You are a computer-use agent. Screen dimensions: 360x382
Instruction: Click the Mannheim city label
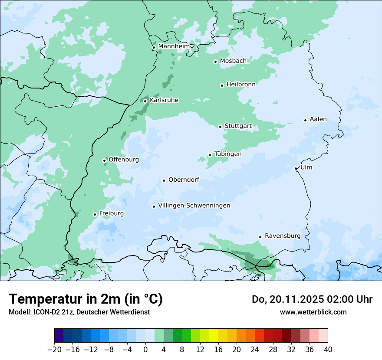[x=174, y=46]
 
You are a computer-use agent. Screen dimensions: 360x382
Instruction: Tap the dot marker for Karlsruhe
[x=145, y=101]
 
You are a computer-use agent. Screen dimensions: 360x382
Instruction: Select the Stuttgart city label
[x=238, y=126]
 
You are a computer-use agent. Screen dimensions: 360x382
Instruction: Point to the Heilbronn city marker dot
[x=222, y=85]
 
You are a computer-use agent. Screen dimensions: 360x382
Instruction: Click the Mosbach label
[x=233, y=61]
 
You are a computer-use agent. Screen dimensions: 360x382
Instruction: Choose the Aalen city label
[x=318, y=119]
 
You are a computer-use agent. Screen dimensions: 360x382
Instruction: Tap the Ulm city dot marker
[x=296, y=168]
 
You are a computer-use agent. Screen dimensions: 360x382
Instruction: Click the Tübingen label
[x=228, y=154]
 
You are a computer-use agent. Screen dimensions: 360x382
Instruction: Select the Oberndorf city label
[x=184, y=180]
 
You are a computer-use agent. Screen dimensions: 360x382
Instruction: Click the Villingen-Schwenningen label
[x=194, y=206]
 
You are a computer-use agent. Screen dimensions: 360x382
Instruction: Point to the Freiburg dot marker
[x=95, y=214]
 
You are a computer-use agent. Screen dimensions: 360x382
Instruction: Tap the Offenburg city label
[x=124, y=160]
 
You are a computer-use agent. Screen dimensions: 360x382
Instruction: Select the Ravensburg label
[x=283, y=236]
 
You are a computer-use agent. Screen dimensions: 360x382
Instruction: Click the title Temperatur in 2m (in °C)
[x=86, y=299]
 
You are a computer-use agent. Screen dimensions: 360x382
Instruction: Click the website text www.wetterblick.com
[x=313, y=312]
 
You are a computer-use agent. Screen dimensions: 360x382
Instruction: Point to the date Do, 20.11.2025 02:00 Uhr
[x=312, y=299]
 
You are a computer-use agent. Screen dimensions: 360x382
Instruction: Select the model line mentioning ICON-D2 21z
[x=79, y=312]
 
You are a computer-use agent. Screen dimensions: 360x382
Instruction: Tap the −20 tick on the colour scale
[x=54, y=349]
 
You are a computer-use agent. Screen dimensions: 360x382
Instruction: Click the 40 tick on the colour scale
[x=328, y=349]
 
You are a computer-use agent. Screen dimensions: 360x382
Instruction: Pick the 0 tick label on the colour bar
[x=145, y=349]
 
